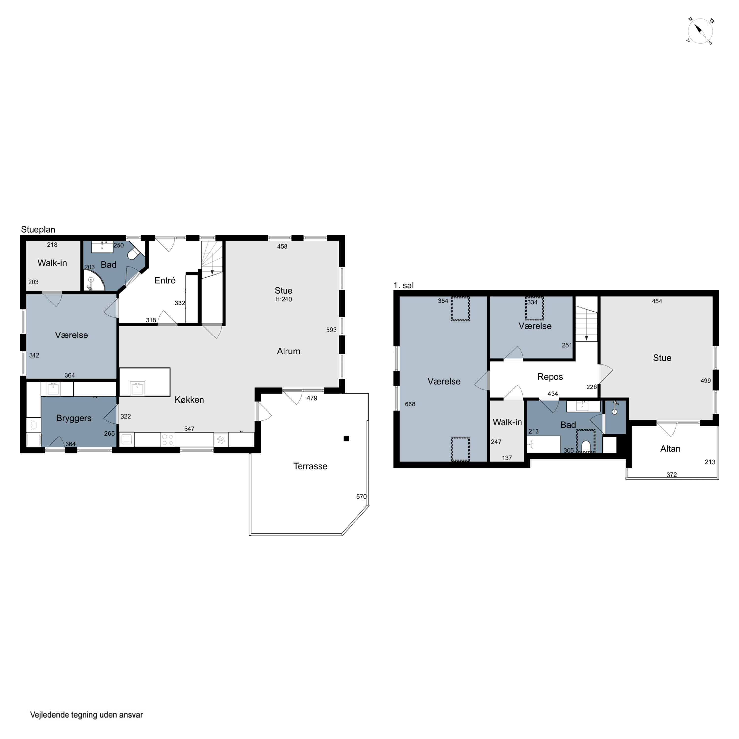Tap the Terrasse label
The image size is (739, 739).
[x=310, y=466]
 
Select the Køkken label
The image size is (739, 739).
[x=189, y=399]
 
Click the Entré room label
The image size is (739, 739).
[x=165, y=280]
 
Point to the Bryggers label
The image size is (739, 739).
[x=74, y=418]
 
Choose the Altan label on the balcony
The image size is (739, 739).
[x=670, y=449]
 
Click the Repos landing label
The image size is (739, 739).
[x=550, y=377]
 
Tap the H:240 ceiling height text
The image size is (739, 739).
[x=284, y=299]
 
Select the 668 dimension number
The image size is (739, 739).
[x=410, y=404]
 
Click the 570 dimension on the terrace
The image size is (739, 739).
[x=361, y=497]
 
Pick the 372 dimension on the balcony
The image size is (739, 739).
[x=672, y=475]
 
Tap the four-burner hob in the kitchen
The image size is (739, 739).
[x=168, y=439]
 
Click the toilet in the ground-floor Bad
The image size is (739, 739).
[x=134, y=254]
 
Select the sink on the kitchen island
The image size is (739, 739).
[x=137, y=388]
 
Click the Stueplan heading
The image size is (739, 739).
[x=38, y=230]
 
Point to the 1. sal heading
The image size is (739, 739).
[x=403, y=285]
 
